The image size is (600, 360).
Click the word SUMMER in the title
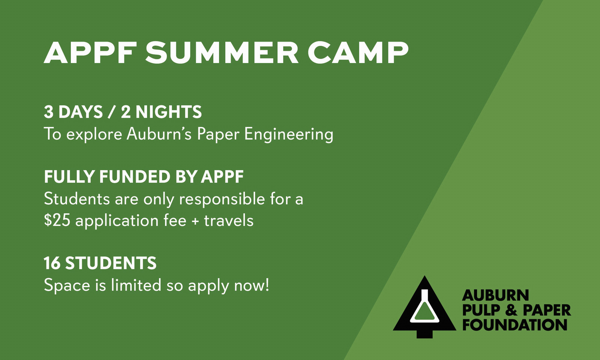(x=222, y=52)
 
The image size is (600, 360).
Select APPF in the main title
(x=90, y=52)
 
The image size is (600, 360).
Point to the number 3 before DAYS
(x=48, y=112)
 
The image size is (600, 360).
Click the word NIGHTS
(x=168, y=112)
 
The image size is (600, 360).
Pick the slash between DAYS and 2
(x=111, y=112)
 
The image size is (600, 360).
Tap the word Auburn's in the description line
(x=159, y=133)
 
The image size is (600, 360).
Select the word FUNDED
(x=135, y=177)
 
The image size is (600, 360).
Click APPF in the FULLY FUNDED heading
(x=222, y=177)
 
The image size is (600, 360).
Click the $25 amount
(x=57, y=220)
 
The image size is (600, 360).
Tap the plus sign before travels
(x=195, y=221)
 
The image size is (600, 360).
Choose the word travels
(x=229, y=220)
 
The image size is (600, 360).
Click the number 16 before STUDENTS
(x=52, y=263)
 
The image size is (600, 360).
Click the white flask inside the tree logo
(x=424, y=306)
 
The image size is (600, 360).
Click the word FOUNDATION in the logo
(x=514, y=325)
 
